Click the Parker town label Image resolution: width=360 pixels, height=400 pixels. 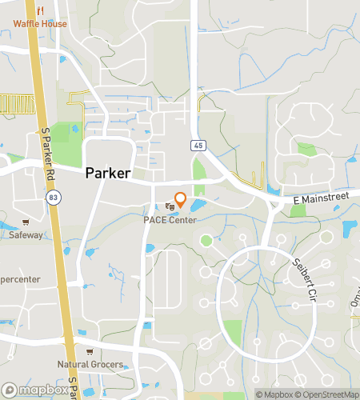click(108, 172)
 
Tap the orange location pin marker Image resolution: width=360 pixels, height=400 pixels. click(180, 200)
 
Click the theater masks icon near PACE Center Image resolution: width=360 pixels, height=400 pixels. click(169, 207)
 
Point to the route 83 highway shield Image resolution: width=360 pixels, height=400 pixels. click(52, 197)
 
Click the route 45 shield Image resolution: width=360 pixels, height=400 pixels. click(197, 146)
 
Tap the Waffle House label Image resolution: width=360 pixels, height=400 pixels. click(40, 24)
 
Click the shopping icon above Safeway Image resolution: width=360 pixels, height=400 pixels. click(26, 222)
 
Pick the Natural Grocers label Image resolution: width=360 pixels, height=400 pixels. click(90, 365)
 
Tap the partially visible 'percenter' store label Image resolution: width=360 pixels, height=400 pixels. click(18, 279)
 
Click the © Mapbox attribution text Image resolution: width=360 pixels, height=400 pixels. click(274, 394)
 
